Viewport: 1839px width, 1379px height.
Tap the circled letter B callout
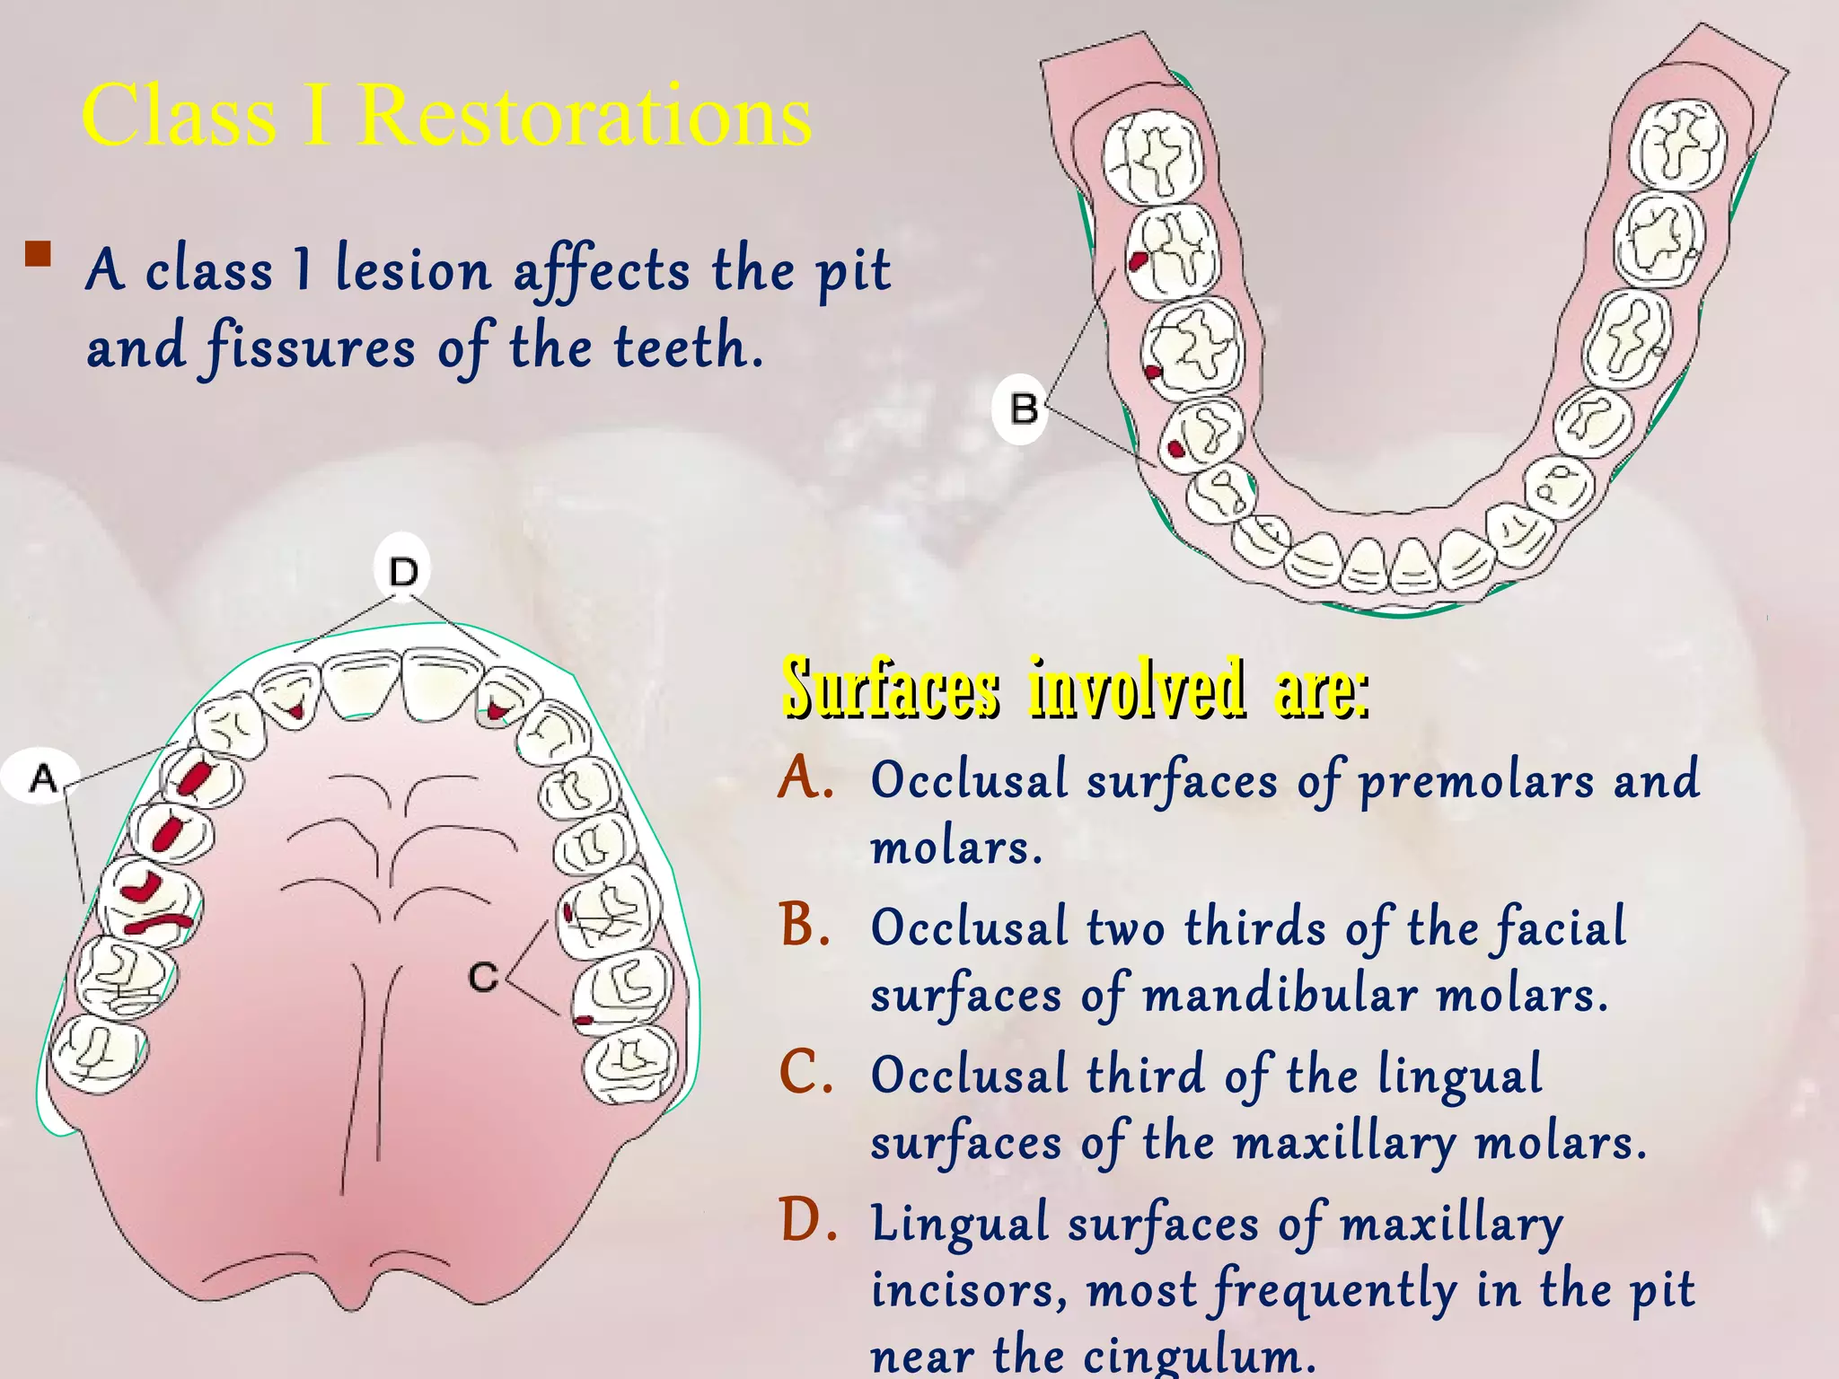[1022, 409]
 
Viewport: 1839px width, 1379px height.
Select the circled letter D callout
[403, 570]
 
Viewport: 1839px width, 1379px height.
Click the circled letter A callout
[41, 777]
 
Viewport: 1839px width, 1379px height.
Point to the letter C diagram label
[483, 977]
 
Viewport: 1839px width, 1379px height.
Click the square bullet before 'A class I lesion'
[38, 255]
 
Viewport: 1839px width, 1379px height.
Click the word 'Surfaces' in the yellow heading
[890, 689]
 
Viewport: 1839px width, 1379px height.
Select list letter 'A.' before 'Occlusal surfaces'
[806, 777]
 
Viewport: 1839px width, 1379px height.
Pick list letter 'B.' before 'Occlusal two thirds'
[805, 925]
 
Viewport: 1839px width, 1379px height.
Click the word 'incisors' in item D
[969, 1290]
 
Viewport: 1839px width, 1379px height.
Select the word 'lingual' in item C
[1459, 1076]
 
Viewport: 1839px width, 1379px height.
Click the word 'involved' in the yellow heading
[1136, 689]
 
